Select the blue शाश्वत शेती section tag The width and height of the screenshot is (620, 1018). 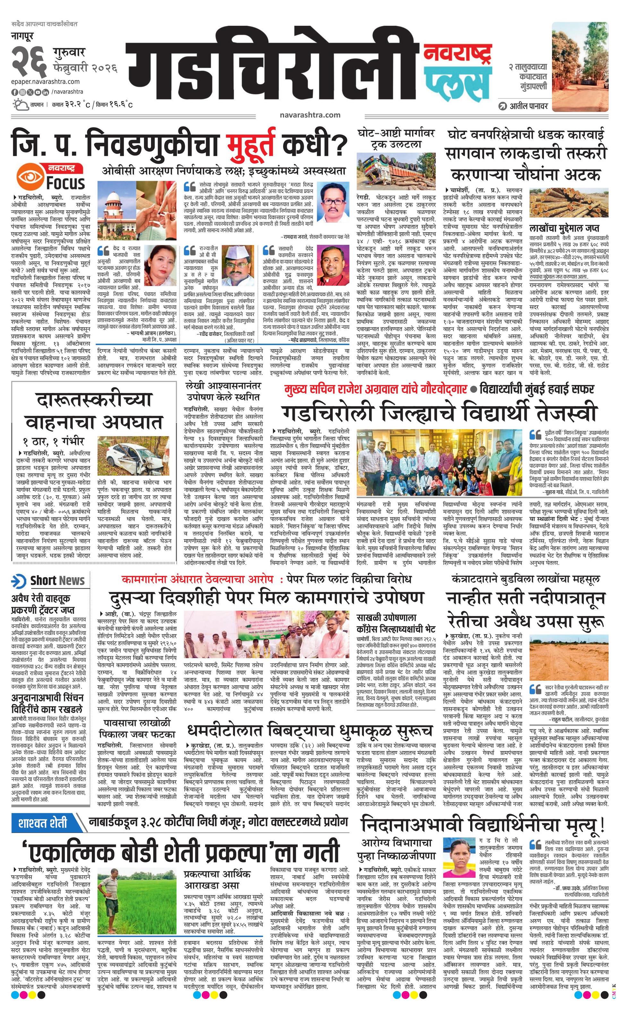[43, 533]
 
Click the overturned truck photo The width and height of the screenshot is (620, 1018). [396, 171]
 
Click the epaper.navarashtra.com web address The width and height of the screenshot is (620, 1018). [46, 82]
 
